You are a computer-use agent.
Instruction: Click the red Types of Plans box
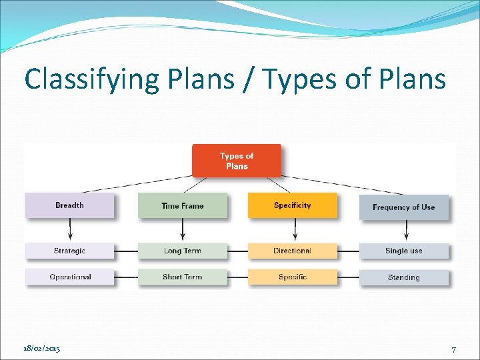pyautogui.click(x=237, y=161)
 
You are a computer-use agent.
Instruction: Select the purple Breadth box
pyautogui.click(x=69, y=205)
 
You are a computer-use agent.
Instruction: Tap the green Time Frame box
pyautogui.click(x=182, y=205)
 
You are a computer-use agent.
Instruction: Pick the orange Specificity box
pyautogui.click(x=292, y=205)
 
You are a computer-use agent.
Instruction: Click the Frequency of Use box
pyautogui.click(x=403, y=207)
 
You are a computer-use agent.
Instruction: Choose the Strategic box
pyautogui.click(x=69, y=251)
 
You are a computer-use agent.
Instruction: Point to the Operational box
pyautogui.click(x=69, y=277)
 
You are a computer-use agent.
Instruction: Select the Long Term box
pyautogui.click(x=182, y=251)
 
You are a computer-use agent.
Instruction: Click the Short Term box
pyautogui.click(x=182, y=277)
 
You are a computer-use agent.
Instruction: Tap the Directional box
pyautogui.click(x=292, y=251)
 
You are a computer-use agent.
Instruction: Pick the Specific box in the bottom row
pyautogui.click(x=292, y=277)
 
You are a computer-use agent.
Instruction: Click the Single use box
pyautogui.click(x=403, y=251)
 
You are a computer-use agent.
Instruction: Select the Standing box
pyautogui.click(x=403, y=277)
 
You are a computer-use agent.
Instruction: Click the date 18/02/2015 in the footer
pyautogui.click(x=41, y=349)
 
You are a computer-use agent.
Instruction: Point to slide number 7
pyautogui.click(x=453, y=349)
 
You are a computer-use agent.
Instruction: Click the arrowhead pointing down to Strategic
pyautogui.click(x=70, y=238)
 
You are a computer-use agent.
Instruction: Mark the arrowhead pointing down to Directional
pyautogui.click(x=294, y=238)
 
